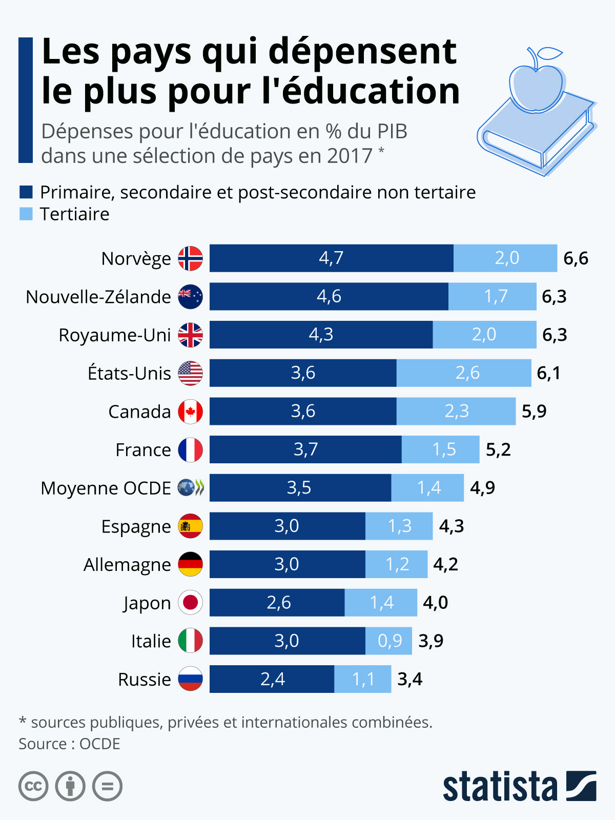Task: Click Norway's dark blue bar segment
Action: [331, 258]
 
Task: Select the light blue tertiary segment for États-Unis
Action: [464, 373]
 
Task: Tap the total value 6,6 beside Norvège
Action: [576, 259]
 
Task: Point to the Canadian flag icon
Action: [190, 412]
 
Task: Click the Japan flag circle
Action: [190, 603]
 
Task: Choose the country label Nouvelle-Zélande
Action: [98, 297]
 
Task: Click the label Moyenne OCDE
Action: [106, 488]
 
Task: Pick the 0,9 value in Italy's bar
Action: [389, 641]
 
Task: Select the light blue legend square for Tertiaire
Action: [26, 214]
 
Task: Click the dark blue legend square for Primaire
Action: [26, 192]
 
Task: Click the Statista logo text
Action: [500, 787]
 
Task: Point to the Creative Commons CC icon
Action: [33, 786]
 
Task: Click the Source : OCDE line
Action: [70, 744]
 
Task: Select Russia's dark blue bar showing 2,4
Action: [272, 679]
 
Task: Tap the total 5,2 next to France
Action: [498, 450]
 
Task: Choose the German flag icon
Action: [190, 564]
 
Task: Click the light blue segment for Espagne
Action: [399, 526]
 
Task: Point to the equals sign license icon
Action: [107, 786]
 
